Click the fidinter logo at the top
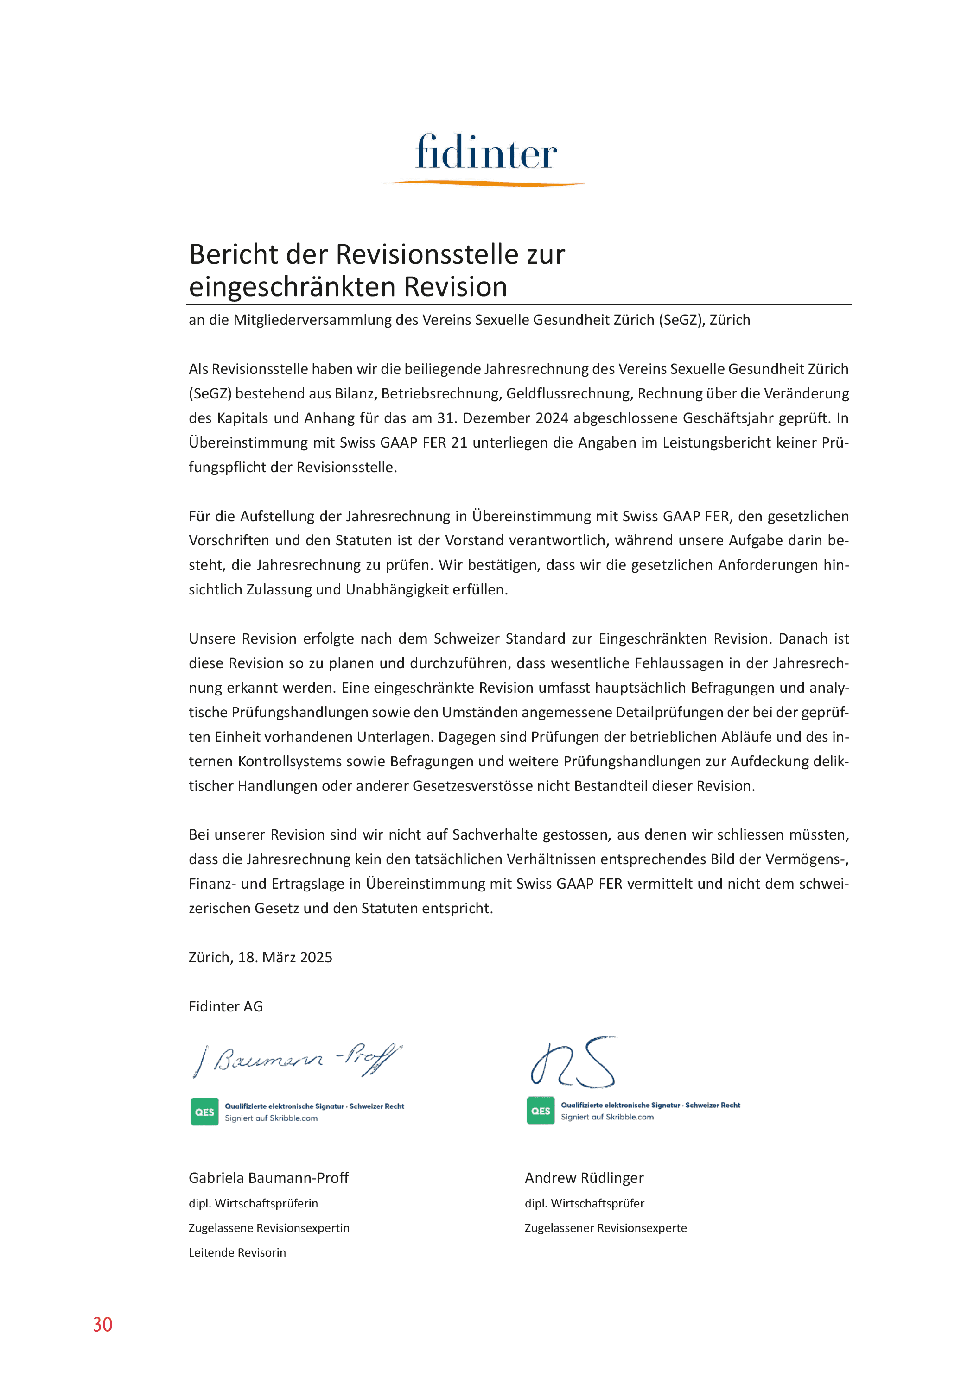pos(486,152)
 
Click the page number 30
pos(102,1324)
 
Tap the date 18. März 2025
pos(285,957)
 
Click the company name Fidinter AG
pos(225,1006)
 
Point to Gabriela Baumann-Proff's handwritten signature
pos(297,1060)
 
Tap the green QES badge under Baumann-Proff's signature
pos(204,1112)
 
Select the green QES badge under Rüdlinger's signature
pos(540,1110)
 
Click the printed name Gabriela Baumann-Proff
pos(268,1177)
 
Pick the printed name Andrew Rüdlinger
pos(584,1177)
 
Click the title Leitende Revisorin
pos(237,1252)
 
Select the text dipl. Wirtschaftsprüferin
pos(253,1203)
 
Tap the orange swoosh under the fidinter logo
pos(484,183)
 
